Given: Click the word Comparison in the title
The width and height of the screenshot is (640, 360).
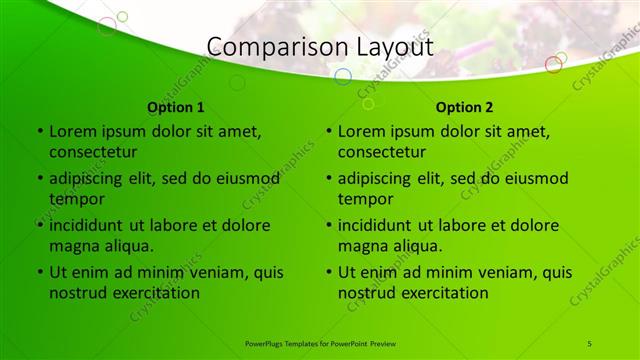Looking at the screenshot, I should [264, 46].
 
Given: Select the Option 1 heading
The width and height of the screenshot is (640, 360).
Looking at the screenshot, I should [176, 107].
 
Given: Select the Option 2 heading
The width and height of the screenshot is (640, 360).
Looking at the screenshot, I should [465, 107].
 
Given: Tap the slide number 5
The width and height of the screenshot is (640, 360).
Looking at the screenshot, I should [590, 343].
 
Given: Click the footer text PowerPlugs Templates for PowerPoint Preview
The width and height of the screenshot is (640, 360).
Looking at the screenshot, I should [320, 343].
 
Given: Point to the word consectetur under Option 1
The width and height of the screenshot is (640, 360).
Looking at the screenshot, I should [93, 152].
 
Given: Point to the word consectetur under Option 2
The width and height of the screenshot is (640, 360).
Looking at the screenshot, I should [382, 152].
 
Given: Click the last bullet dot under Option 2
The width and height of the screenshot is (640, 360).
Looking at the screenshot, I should [329, 272].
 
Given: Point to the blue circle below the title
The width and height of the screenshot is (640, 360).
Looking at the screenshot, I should [342, 77].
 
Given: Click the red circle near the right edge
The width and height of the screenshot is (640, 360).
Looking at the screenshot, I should [553, 65].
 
